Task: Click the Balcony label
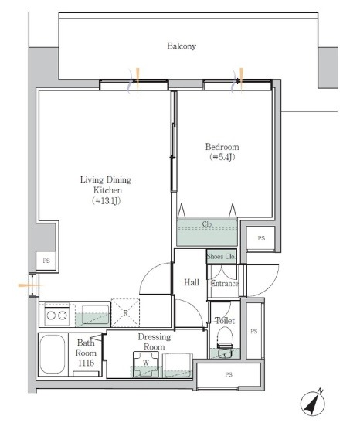(182, 46)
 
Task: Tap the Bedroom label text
(222, 147)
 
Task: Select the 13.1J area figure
(106, 201)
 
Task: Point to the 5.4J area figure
(222, 157)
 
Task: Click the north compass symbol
(313, 404)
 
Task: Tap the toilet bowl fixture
(225, 337)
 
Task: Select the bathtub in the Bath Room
(53, 354)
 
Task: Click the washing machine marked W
(146, 364)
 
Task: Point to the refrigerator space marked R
(125, 312)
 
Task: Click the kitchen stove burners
(57, 315)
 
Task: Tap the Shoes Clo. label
(221, 256)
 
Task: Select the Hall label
(192, 282)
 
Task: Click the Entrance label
(225, 284)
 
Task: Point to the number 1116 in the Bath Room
(87, 363)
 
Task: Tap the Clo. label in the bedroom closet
(208, 224)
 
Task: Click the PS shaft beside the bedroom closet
(261, 238)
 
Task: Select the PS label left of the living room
(46, 261)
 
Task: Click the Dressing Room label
(155, 342)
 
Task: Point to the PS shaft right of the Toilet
(254, 331)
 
